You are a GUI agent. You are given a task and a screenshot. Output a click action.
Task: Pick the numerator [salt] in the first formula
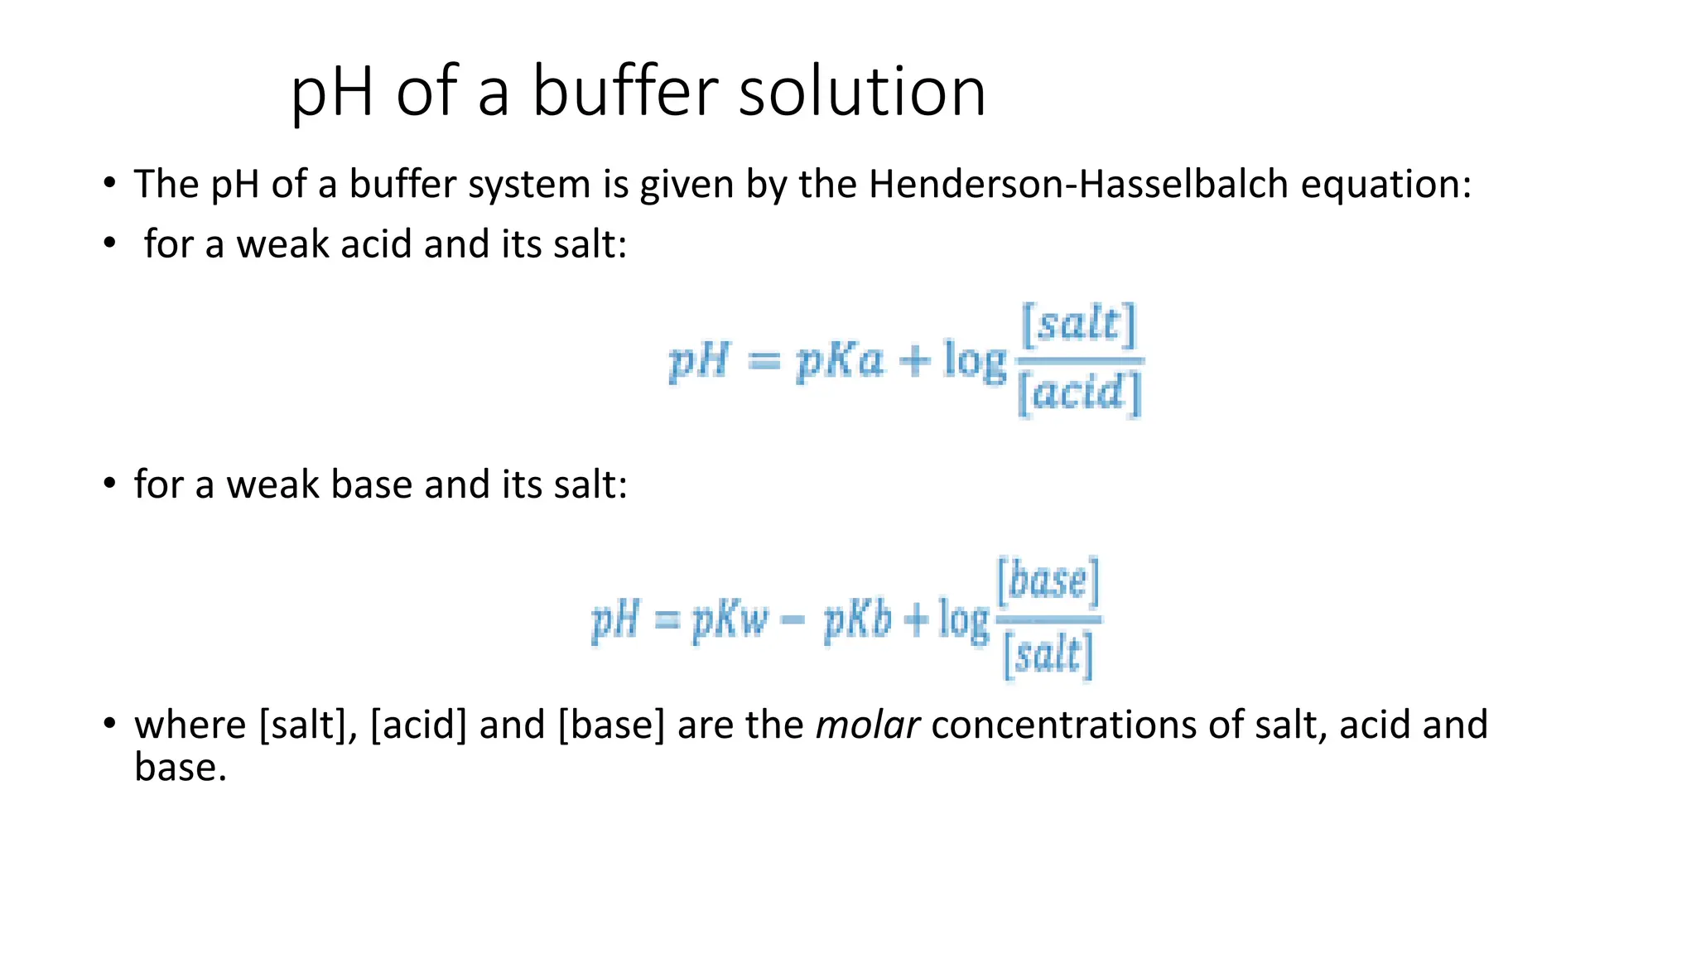point(1079,325)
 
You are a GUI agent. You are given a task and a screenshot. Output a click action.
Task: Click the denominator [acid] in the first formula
point(1079,393)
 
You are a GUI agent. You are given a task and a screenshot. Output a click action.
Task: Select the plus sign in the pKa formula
point(914,362)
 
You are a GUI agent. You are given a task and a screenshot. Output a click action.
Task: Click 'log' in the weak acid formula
point(975,363)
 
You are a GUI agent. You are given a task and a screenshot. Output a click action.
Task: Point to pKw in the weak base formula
point(730,620)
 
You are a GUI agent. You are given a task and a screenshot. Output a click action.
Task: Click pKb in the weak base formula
point(858,620)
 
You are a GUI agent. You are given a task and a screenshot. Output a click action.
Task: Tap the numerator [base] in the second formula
point(1048,581)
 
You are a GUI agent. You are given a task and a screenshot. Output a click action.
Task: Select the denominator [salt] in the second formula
point(1048,656)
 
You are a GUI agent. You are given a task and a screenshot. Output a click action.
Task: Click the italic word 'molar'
point(867,725)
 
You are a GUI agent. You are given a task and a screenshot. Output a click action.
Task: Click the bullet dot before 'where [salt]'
point(109,724)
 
